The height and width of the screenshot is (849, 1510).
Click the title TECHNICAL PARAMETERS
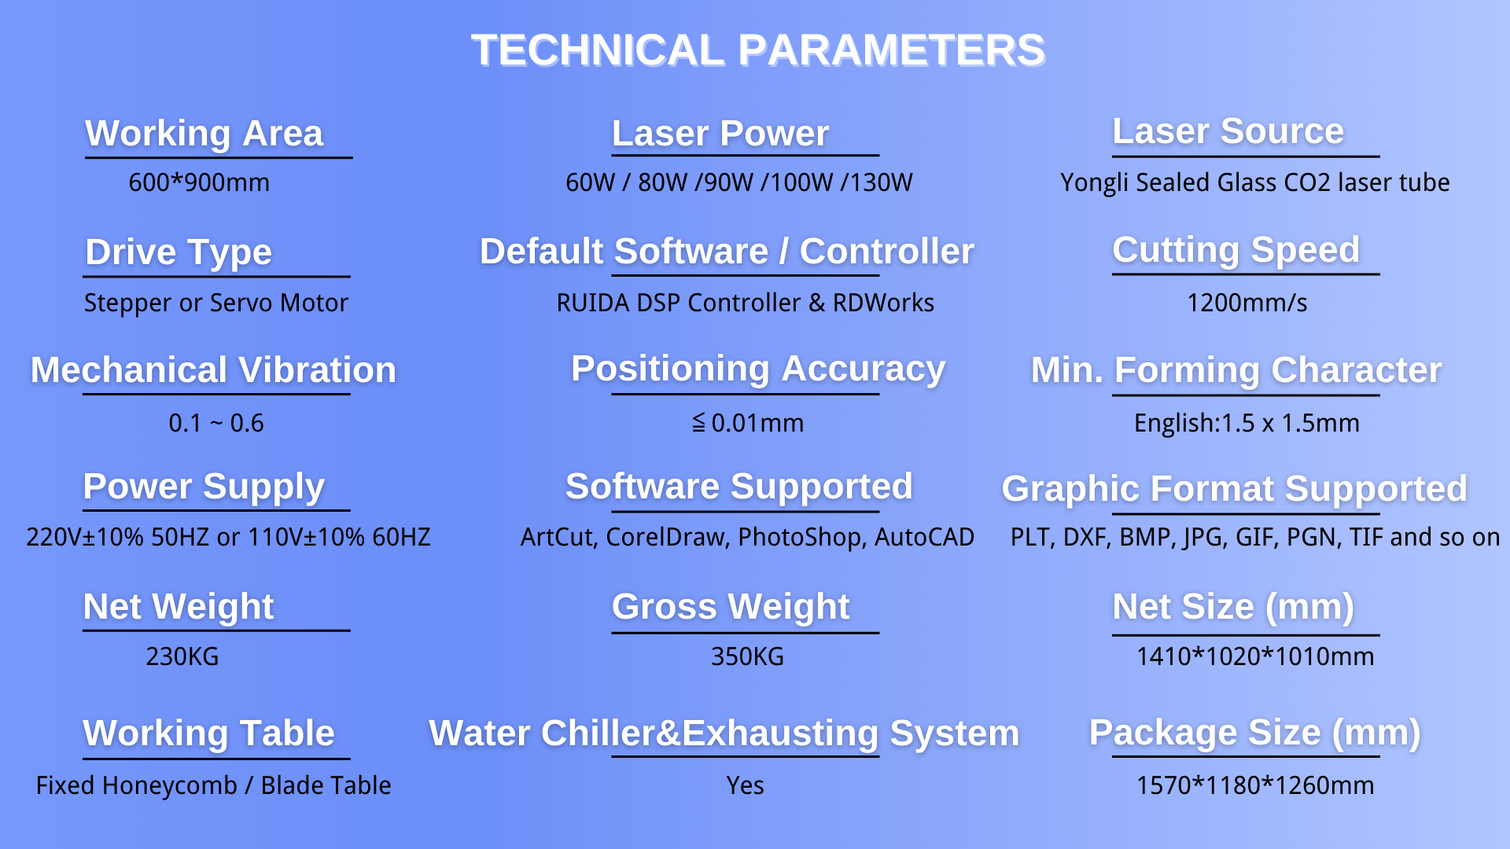point(758,50)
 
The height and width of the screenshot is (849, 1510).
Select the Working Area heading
point(204,134)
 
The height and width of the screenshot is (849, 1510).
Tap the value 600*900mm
point(199,182)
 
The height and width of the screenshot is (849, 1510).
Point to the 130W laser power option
point(877,182)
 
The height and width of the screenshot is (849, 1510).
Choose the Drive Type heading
point(179,252)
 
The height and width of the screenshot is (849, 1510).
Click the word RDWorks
point(883,303)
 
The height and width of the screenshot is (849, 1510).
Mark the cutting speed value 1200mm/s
point(1247,303)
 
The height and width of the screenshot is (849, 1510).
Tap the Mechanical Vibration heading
point(213,370)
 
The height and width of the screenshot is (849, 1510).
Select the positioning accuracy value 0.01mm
point(757,423)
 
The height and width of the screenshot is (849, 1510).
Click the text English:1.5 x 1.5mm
point(1247,424)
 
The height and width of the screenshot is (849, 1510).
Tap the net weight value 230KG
point(182,656)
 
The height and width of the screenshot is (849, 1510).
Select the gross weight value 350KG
point(748,656)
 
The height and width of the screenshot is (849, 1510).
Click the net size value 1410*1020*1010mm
point(1255,656)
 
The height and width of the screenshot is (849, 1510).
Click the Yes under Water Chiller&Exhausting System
point(745,785)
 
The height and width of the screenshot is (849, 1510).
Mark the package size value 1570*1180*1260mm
point(1255,785)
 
